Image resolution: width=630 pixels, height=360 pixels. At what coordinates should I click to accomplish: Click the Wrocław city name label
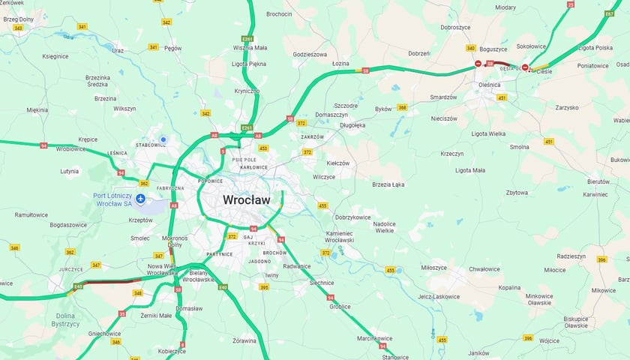tap(250, 200)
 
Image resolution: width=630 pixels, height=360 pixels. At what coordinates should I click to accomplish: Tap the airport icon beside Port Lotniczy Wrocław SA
tap(141, 197)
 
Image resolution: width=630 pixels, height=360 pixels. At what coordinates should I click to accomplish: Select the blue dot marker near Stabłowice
tap(163, 139)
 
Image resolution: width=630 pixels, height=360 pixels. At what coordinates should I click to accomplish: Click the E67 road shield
tap(609, 13)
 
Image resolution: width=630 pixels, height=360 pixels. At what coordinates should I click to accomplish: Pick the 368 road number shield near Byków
tap(402, 107)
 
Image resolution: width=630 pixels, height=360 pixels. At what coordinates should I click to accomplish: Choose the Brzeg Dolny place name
tap(19, 19)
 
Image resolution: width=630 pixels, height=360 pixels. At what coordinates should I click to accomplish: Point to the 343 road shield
tap(18, 28)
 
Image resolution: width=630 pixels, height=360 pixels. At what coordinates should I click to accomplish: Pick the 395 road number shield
tap(264, 286)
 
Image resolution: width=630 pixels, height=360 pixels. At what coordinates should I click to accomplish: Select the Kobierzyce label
tap(172, 350)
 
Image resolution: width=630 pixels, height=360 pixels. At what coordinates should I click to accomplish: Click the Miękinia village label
tap(37, 109)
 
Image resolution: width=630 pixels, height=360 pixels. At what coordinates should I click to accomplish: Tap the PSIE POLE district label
tap(244, 160)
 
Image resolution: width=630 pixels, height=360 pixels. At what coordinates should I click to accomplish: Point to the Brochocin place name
tap(279, 13)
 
